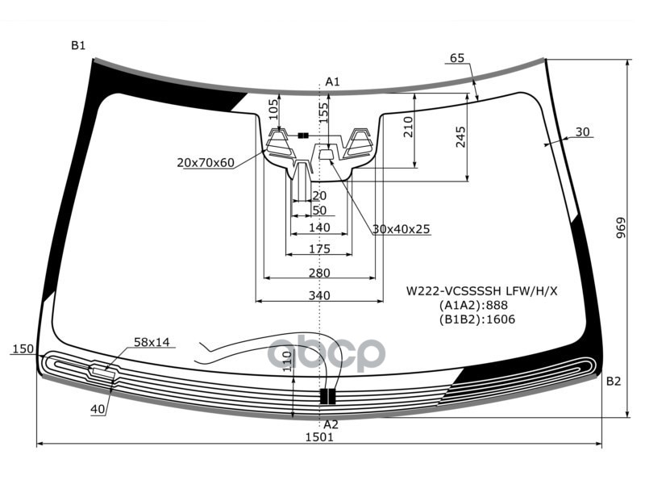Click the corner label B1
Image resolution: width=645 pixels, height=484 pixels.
(78, 45)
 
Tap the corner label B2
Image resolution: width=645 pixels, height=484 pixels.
(614, 382)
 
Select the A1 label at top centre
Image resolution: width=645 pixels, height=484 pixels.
(332, 82)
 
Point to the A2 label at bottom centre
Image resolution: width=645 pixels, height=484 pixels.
(331, 424)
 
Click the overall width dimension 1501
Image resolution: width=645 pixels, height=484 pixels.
(319, 436)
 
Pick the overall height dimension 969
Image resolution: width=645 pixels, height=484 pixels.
(621, 227)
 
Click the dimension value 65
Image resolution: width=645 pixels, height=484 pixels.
(457, 58)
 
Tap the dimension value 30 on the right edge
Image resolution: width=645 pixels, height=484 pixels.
(582, 131)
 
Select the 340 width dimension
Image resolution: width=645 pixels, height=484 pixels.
(319, 295)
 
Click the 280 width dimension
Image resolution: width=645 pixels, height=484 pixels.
(319, 273)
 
